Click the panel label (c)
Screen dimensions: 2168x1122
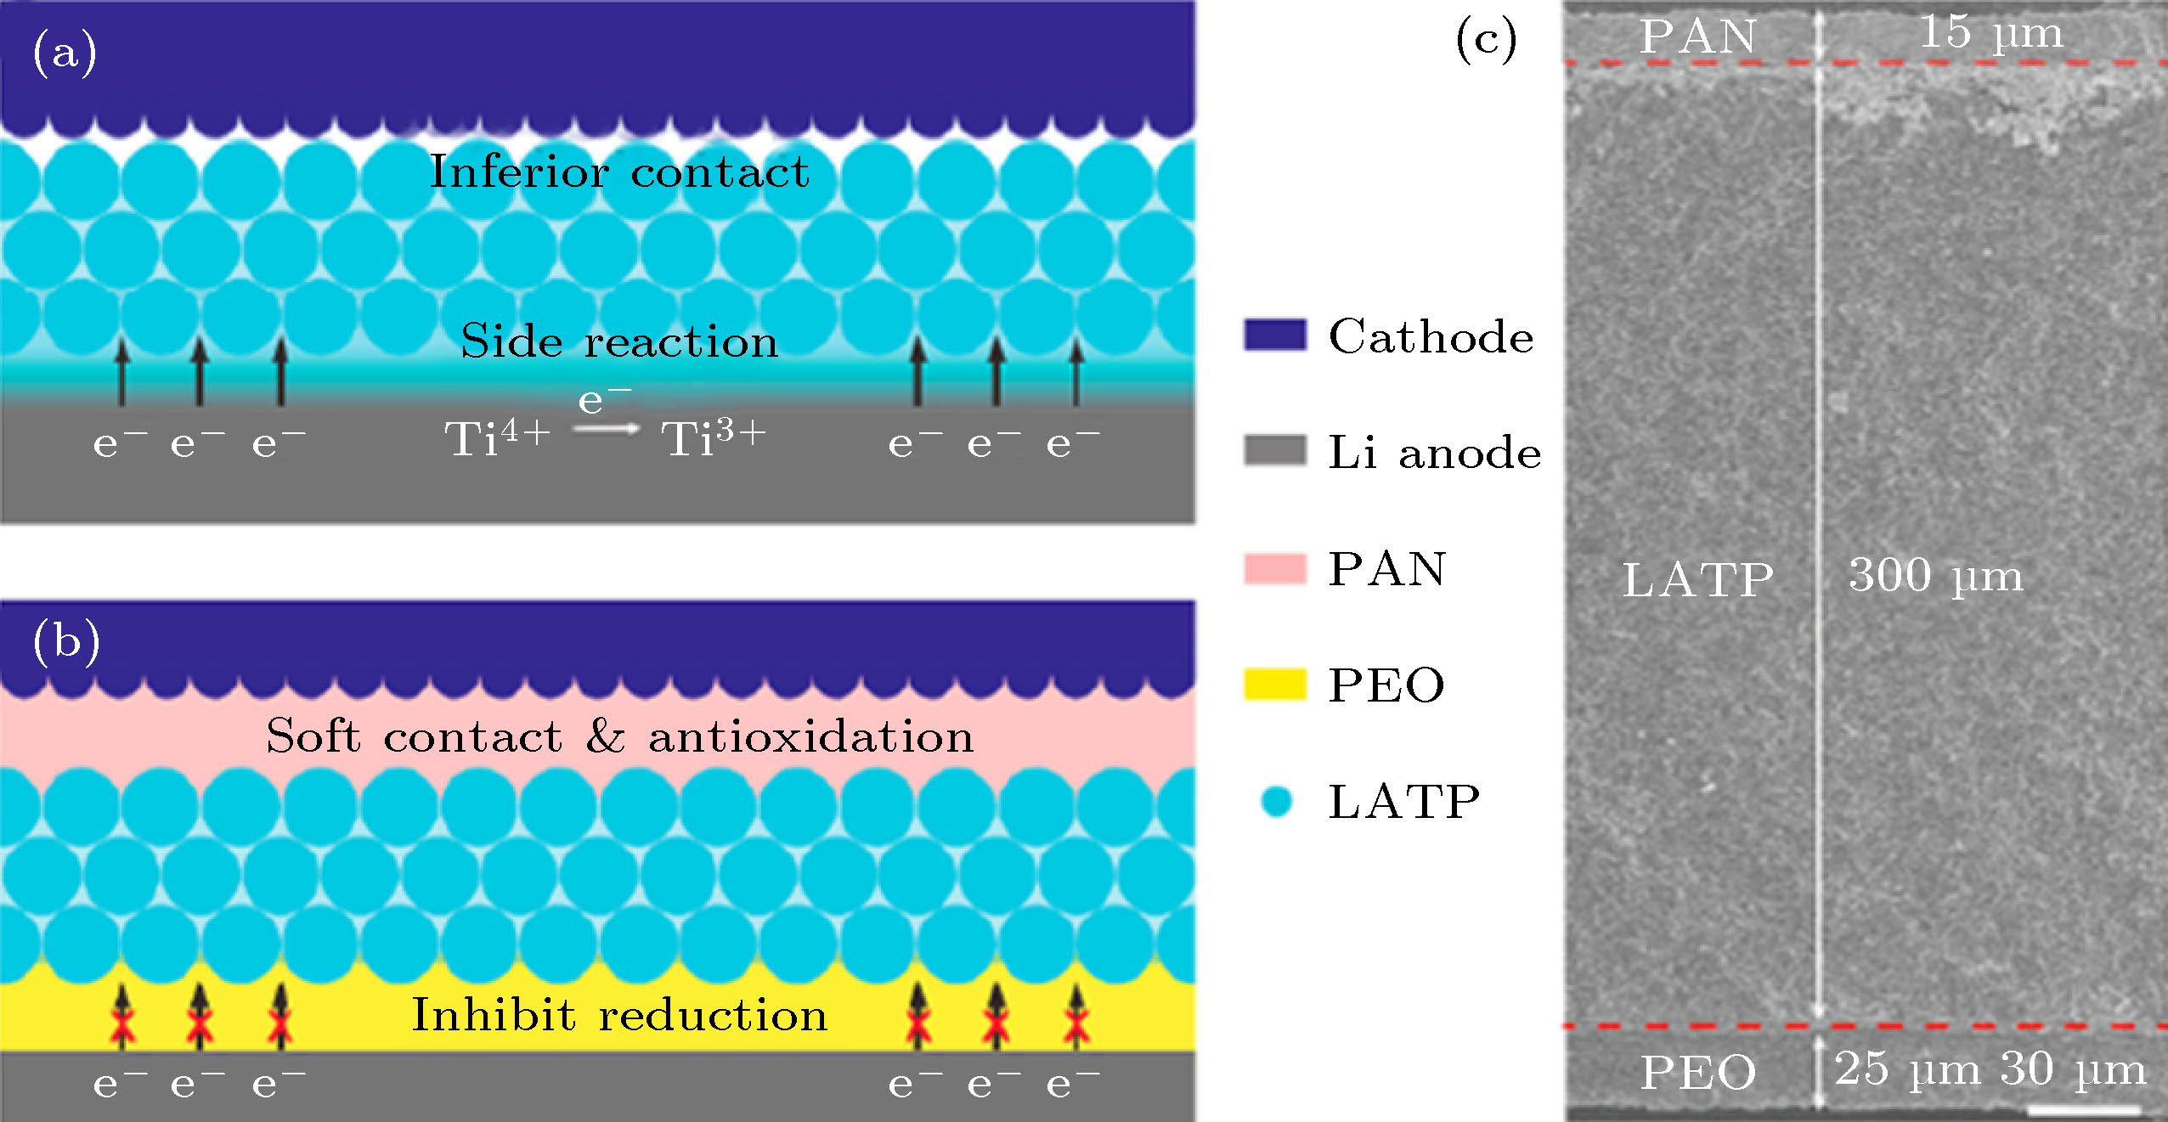point(1486,39)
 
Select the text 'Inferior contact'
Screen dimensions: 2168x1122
point(619,172)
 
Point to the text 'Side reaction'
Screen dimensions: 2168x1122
point(619,341)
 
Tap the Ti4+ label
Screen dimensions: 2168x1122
point(498,437)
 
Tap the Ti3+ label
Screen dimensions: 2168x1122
point(714,437)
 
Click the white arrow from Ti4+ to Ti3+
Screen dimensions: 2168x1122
point(606,429)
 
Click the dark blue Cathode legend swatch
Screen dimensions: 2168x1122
point(1275,335)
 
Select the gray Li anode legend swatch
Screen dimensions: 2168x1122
point(1275,450)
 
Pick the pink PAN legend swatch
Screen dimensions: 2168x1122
point(1275,568)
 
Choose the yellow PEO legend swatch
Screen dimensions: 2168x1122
point(1275,685)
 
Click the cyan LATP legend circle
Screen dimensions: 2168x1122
point(1276,801)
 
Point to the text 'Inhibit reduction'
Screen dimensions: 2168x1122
point(619,1015)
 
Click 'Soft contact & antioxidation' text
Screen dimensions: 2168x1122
point(619,736)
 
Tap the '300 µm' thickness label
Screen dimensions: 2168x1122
point(1936,576)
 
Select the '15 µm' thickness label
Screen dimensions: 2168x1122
point(1991,34)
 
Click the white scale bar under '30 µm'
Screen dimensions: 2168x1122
point(2084,1109)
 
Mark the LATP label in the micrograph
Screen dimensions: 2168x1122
point(1698,580)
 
